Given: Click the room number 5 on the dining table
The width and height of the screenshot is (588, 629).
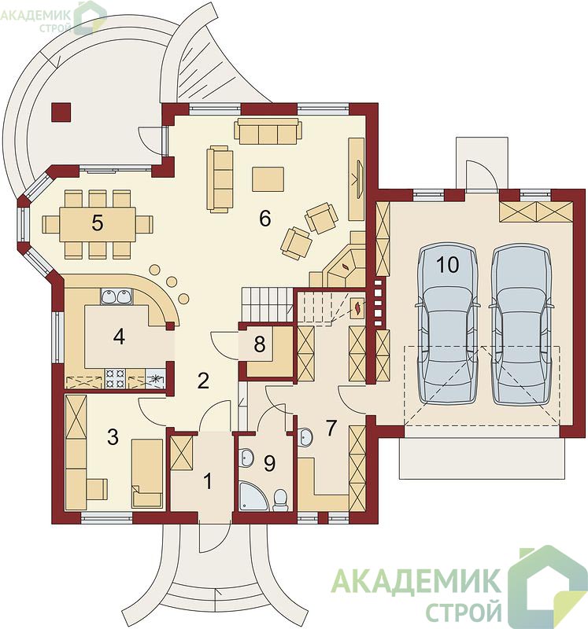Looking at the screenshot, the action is (x=97, y=223).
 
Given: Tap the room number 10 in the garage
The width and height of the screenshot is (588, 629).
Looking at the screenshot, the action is (x=447, y=265).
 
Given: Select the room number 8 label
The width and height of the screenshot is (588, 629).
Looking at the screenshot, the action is (x=260, y=344).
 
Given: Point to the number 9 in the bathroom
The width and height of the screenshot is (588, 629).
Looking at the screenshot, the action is (x=269, y=463).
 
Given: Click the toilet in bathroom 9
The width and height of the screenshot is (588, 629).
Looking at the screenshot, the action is (x=280, y=500).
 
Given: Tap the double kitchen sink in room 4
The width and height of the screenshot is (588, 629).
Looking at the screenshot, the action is (x=116, y=296).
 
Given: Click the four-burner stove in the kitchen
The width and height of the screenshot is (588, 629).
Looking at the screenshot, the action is (x=115, y=379).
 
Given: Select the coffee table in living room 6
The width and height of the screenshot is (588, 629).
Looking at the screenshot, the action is (x=268, y=179).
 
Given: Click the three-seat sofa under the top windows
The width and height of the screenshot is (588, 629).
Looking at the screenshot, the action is (x=268, y=131).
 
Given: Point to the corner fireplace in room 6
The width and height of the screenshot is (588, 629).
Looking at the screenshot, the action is (x=344, y=267).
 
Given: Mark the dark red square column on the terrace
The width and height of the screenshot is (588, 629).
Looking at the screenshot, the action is (x=61, y=112).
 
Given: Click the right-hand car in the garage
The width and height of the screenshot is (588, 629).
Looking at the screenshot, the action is (x=520, y=325).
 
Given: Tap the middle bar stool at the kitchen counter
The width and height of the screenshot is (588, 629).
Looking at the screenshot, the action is (x=172, y=281).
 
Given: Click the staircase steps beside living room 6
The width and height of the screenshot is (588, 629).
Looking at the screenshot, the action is (x=266, y=304).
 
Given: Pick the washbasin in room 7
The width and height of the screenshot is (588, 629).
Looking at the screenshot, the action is (x=305, y=436).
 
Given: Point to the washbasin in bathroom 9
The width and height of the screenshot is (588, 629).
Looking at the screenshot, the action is (x=246, y=458).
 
